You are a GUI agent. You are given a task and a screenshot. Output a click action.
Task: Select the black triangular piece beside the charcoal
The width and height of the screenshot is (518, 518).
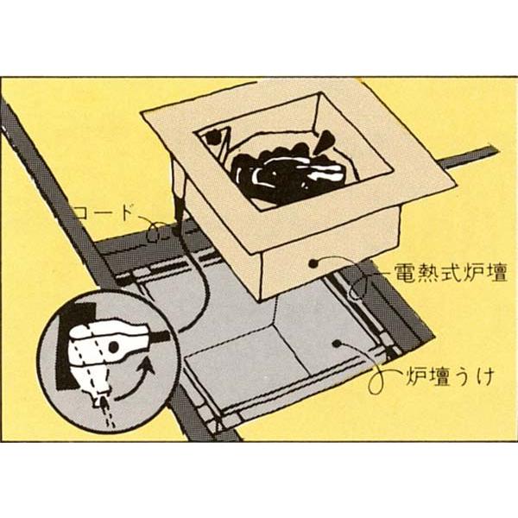(x=327, y=139)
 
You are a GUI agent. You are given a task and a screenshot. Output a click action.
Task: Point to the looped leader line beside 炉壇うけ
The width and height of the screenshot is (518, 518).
(x=377, y=380)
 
